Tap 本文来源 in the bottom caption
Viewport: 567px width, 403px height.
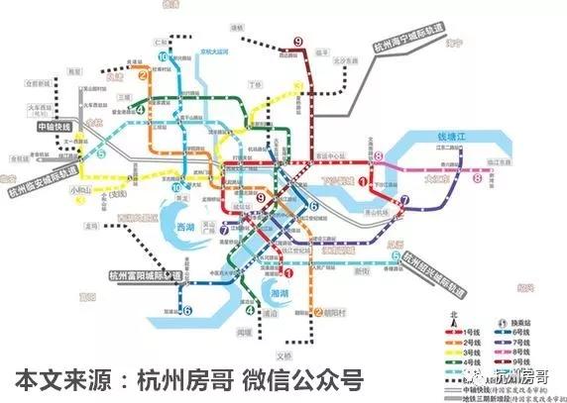(55, 381)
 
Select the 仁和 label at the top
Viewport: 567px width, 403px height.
(163, 41)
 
